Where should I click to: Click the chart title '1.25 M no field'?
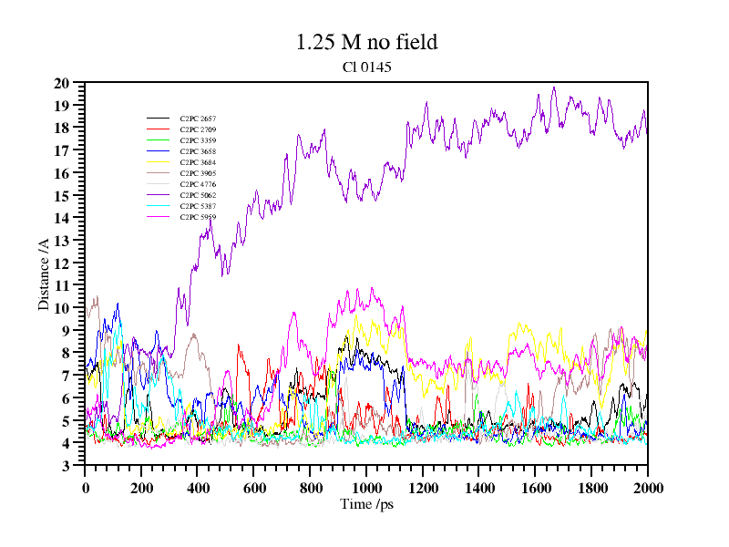[366, 42]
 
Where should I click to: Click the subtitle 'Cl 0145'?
[366, 67]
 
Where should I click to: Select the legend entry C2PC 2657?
[198, 119]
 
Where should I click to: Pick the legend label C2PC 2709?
[198, 129]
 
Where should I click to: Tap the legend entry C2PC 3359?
[198, 140]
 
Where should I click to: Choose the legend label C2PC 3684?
[198, 162]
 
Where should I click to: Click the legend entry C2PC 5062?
[198, 195]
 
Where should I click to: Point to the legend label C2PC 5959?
[198, 217]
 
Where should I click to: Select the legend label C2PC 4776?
[198, 184]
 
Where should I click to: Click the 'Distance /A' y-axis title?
[43, 273]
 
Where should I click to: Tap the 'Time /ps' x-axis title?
[366, 504]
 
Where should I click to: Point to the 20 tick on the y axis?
[62, 83]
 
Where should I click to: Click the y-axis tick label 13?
[62, 241]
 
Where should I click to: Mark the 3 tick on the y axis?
[66, 466]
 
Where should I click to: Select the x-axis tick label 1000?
[366, 488]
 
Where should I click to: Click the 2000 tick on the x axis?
[648, 488]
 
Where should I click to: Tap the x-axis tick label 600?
[253, 488]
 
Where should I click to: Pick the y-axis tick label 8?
[66, 353]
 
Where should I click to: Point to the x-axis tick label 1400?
[478, 488]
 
